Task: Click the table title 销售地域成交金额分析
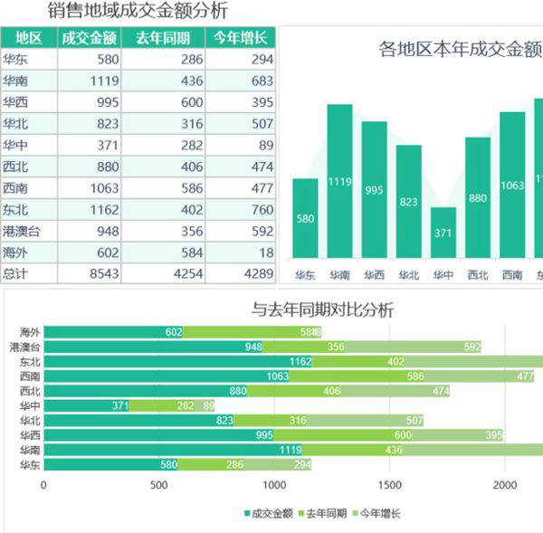(138, 11)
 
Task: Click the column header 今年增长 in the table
(240, 37)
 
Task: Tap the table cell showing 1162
(89, 209)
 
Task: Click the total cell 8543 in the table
(89, 273)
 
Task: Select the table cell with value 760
(240, 209)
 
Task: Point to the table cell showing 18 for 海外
(240, 252)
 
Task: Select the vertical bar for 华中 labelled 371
(443, 233)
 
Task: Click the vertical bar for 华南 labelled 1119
(339, 181)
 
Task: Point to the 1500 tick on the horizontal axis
(390, 485)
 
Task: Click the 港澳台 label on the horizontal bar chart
(25, 347)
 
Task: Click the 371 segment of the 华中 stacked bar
(86, 405)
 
